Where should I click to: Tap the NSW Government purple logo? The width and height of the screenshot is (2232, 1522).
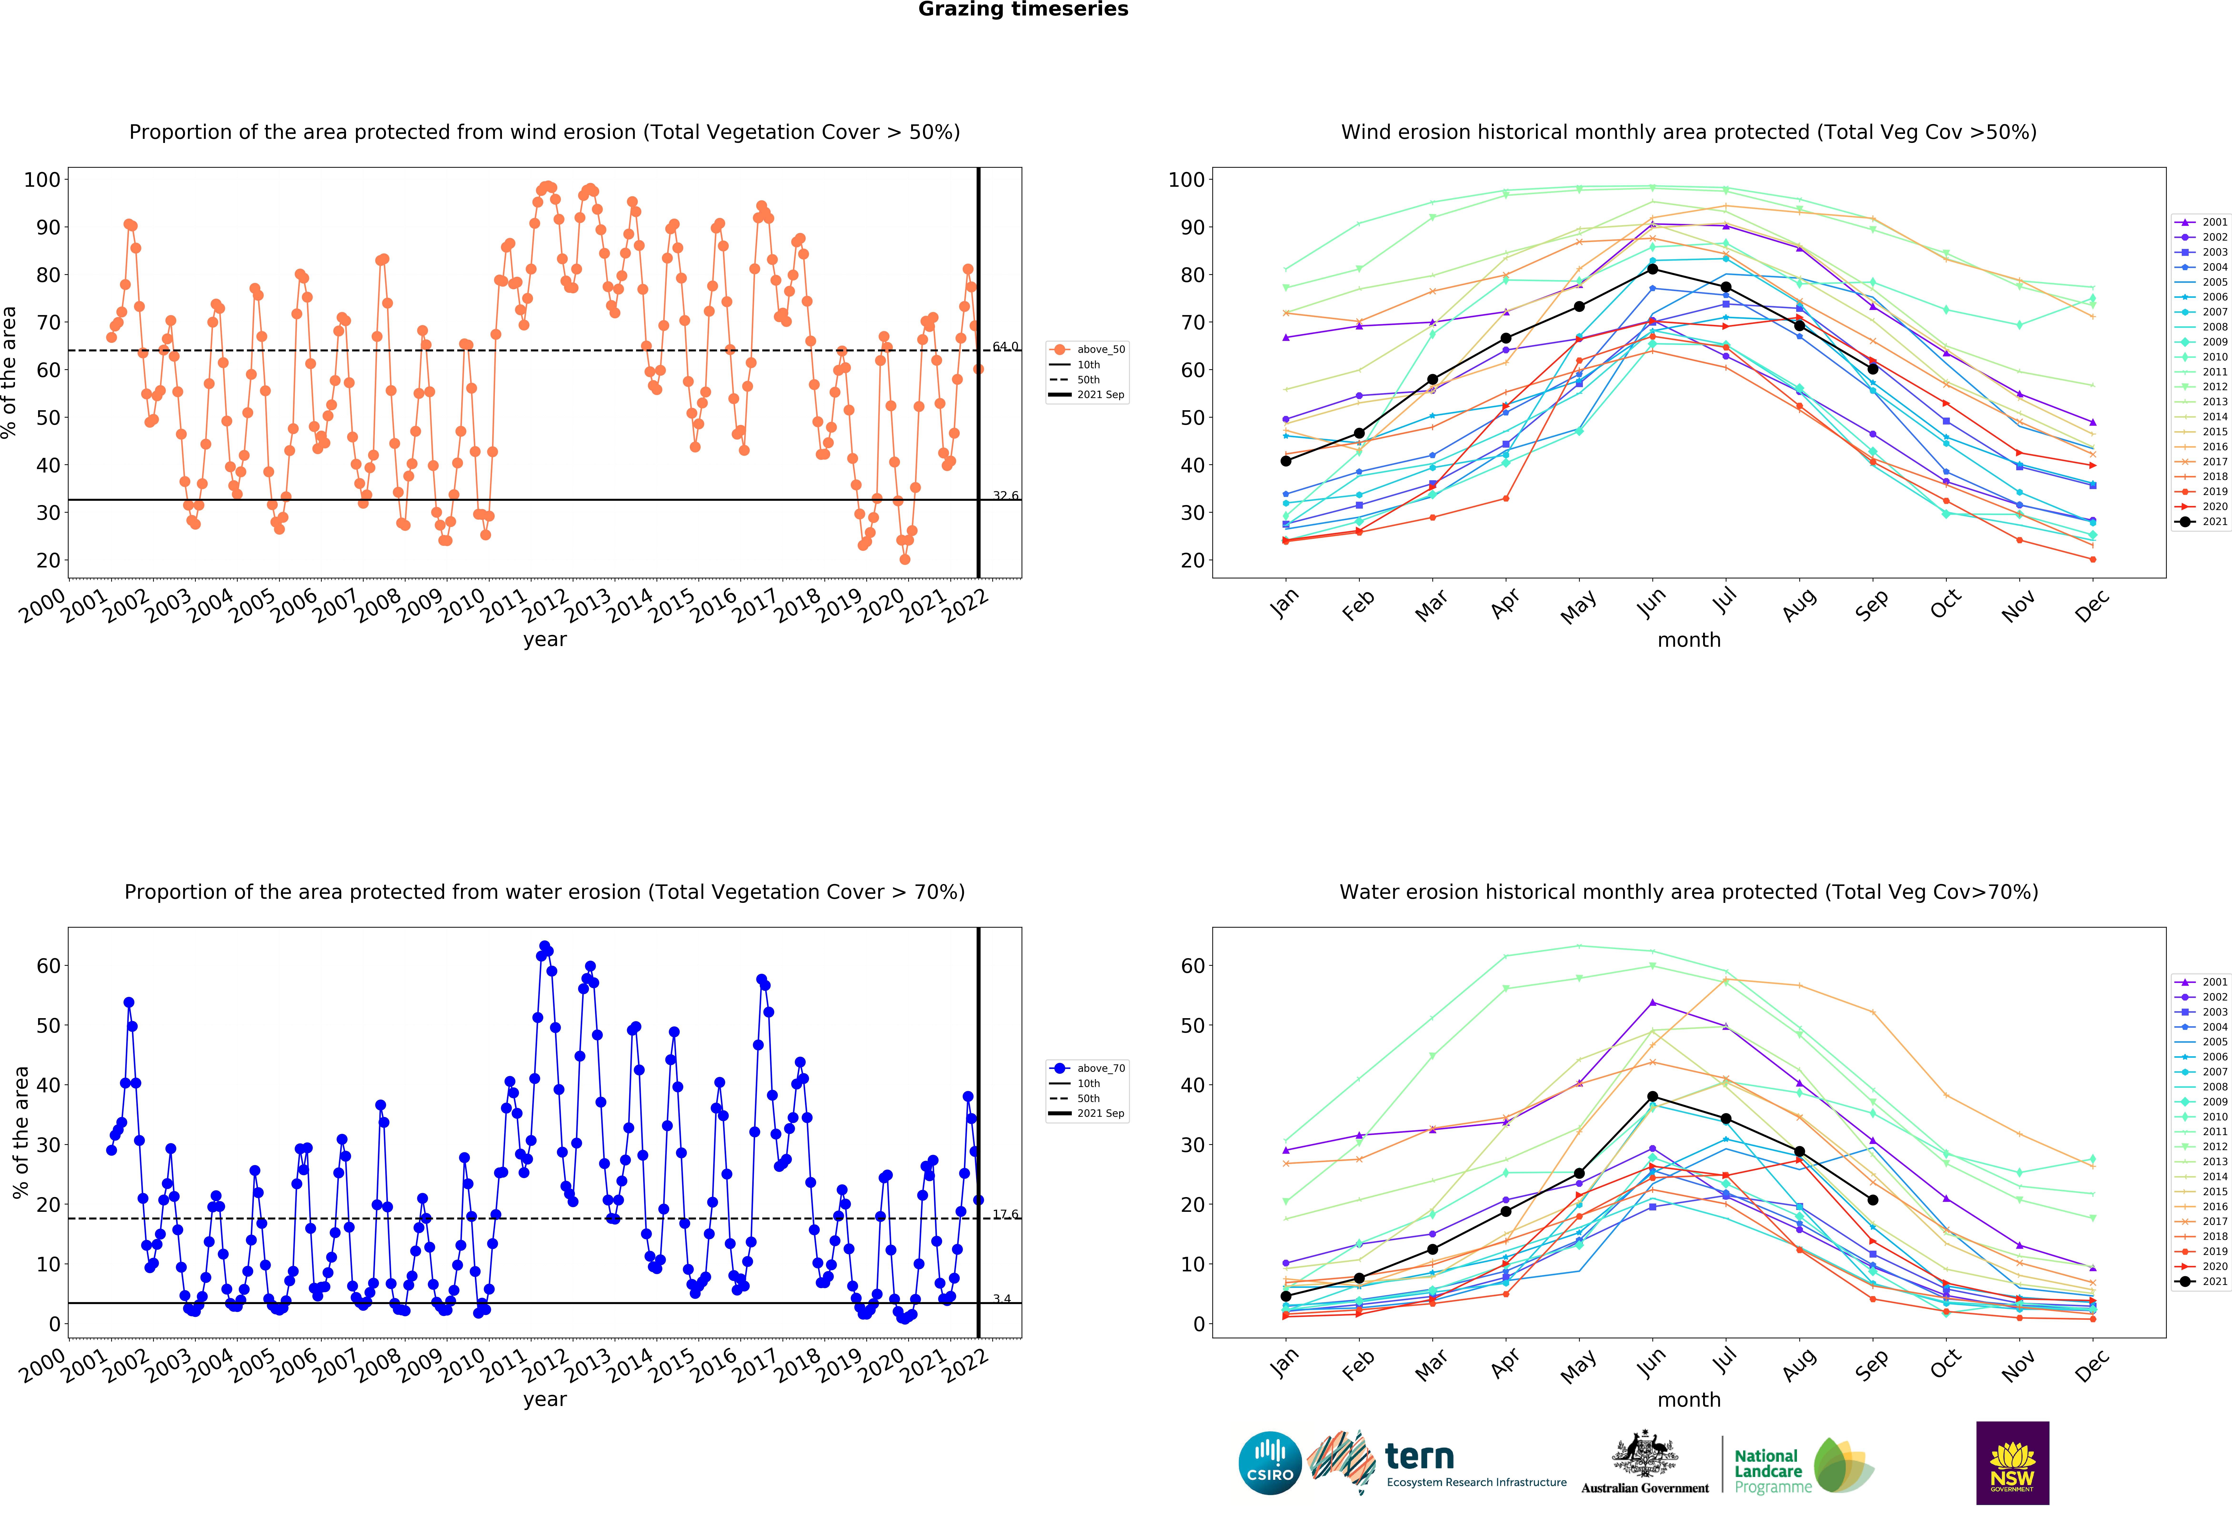click(2012, 1462)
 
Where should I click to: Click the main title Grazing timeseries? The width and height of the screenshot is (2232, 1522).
click(1023, 10)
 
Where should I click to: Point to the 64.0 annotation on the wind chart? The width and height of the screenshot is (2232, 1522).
click(1005, 346)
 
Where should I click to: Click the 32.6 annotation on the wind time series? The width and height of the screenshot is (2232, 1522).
click(1005, 496)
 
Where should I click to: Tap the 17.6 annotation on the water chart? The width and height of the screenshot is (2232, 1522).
click(1005, 1214)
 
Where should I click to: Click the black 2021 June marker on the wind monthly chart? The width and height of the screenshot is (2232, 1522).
click(1652, 269)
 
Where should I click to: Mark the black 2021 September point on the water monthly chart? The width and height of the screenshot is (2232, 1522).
click(1872, 1200)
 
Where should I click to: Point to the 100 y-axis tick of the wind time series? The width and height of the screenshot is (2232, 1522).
click(42, 180)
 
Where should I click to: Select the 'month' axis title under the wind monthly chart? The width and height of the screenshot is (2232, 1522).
click(1688, 640)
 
